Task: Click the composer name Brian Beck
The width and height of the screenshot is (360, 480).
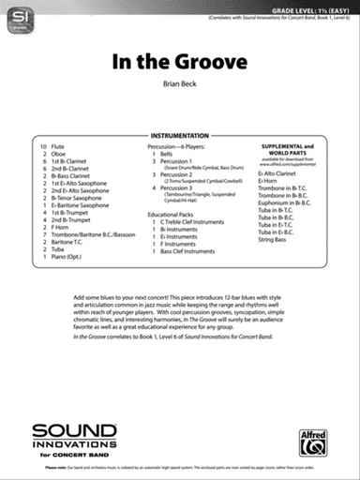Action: coord(180,84)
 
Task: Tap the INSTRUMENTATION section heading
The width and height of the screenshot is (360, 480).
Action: coord(180,137)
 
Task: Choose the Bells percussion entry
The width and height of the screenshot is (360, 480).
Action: coord(166,155)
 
